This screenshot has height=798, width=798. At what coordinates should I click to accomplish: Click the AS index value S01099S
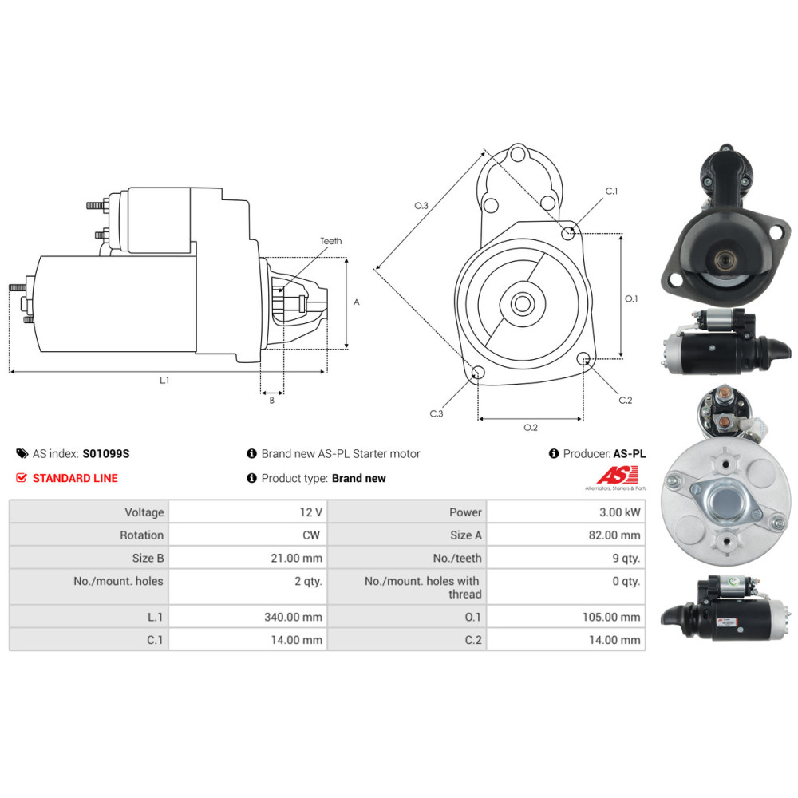click(106, 453)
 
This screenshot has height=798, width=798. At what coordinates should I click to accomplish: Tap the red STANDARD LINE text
click(75, 478)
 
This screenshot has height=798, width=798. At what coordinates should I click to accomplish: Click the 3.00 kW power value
click(619, 512)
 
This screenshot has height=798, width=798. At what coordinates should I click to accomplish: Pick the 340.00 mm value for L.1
click(293, 617)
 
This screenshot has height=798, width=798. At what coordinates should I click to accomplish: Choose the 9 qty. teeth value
click(626, 559)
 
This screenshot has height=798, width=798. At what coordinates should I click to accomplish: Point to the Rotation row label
click(141, 535)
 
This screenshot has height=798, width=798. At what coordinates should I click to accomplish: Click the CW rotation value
click(311, 535)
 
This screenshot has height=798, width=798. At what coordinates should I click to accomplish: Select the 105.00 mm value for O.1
click(611, 617)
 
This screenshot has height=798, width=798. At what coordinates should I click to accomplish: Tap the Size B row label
click(148, 559)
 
